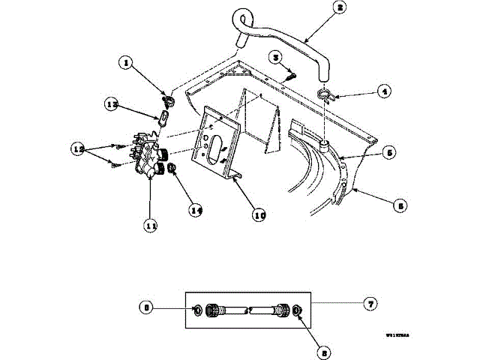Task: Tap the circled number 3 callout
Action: coord(276,58)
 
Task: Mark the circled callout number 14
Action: coord(196,211)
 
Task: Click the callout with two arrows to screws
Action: coord(76,148)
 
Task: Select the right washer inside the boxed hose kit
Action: coord(297,310)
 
